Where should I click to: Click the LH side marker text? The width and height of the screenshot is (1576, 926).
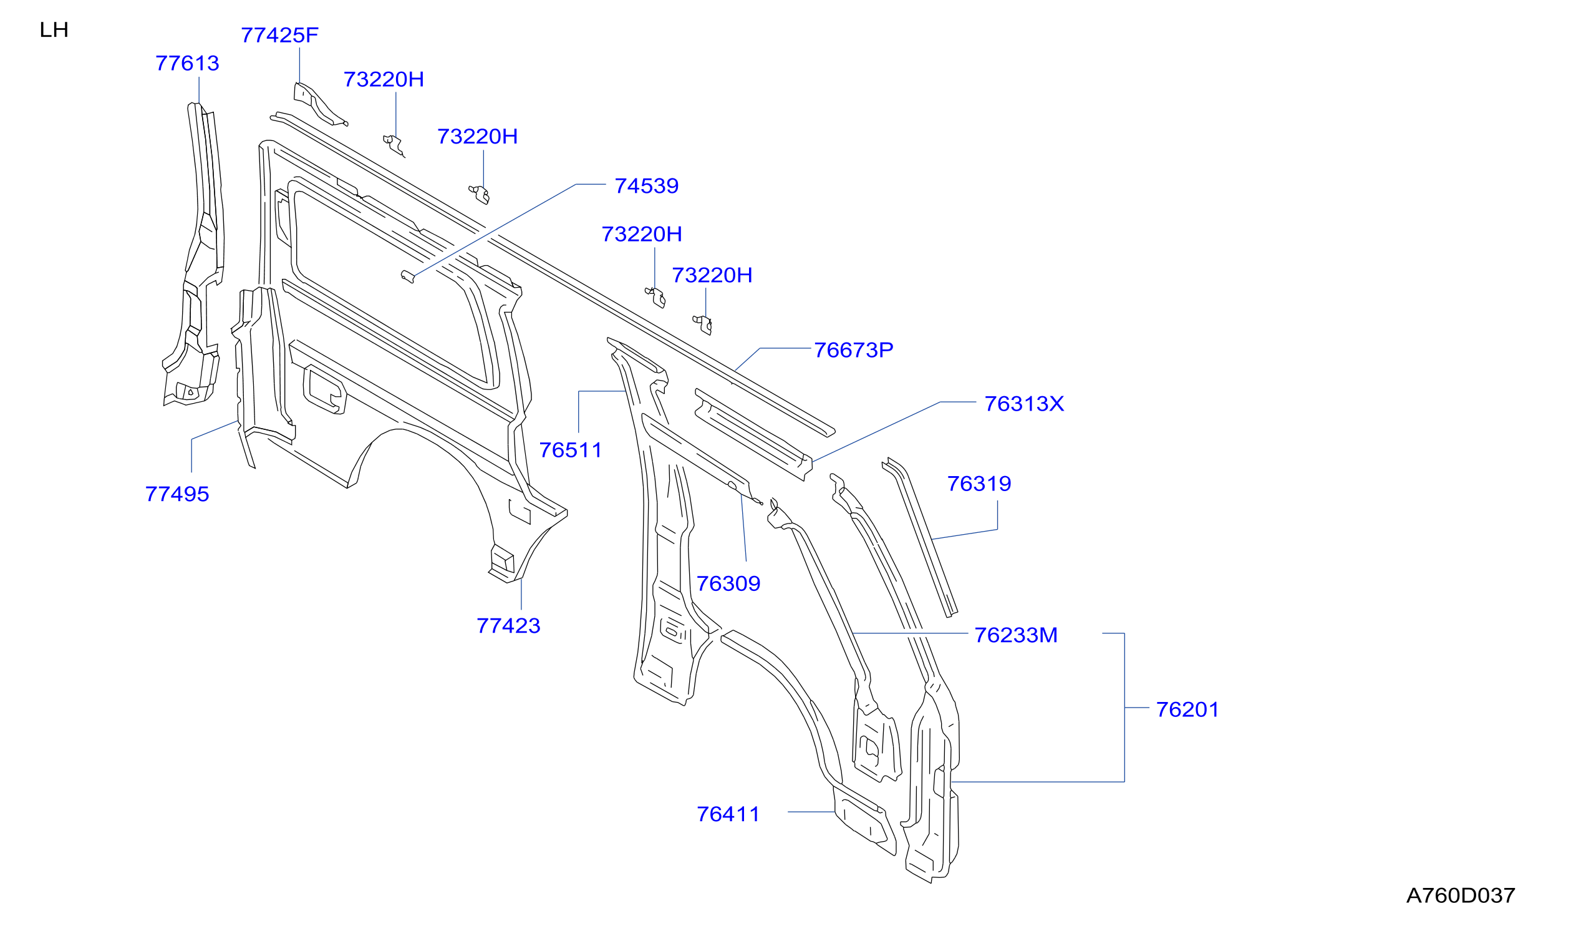click(x=54, y=30)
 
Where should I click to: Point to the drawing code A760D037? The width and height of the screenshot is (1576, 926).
click(x=1460, y=895)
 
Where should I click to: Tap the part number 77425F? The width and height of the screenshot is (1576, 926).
click(x=279, y=35)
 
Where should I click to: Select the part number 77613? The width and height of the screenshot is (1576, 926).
click(x=187, y=63)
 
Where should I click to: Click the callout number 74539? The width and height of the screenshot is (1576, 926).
click(x=646, y=186)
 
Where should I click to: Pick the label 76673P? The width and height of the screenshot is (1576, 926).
click(x=853, y=351)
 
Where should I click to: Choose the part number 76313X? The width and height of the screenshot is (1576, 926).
click(x=1024, y=404)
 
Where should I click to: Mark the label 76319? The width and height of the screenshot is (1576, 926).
click(x=979, y=484)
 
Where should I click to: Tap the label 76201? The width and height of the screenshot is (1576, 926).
click(x=1187, y=709)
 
